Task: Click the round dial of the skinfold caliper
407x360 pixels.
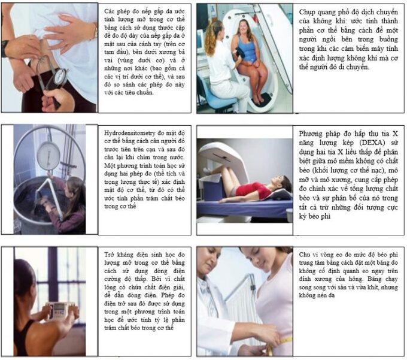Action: click(60, 76)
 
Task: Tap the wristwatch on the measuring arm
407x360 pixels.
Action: click(5, 49)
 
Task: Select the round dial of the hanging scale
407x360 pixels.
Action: click(48, 156)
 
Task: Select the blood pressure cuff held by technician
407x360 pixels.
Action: click(241, 54)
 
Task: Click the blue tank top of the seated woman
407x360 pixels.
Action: click(247, 49)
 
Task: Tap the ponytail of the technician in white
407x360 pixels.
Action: click(211, 39)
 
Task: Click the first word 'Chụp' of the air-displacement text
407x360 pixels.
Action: click(306, 12)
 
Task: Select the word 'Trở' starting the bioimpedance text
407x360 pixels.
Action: click(110, 255)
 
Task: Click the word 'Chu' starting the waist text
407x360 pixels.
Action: click(304, 255)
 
